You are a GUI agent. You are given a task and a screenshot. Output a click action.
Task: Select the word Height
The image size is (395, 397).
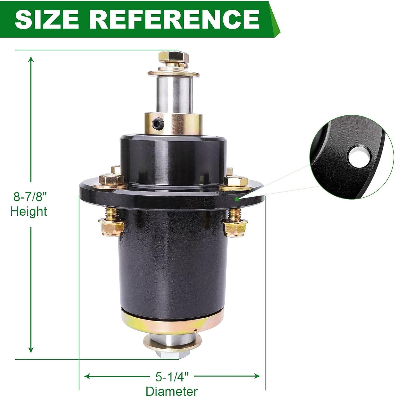[29, 212]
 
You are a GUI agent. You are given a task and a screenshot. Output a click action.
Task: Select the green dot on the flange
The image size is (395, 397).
[237, 199]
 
